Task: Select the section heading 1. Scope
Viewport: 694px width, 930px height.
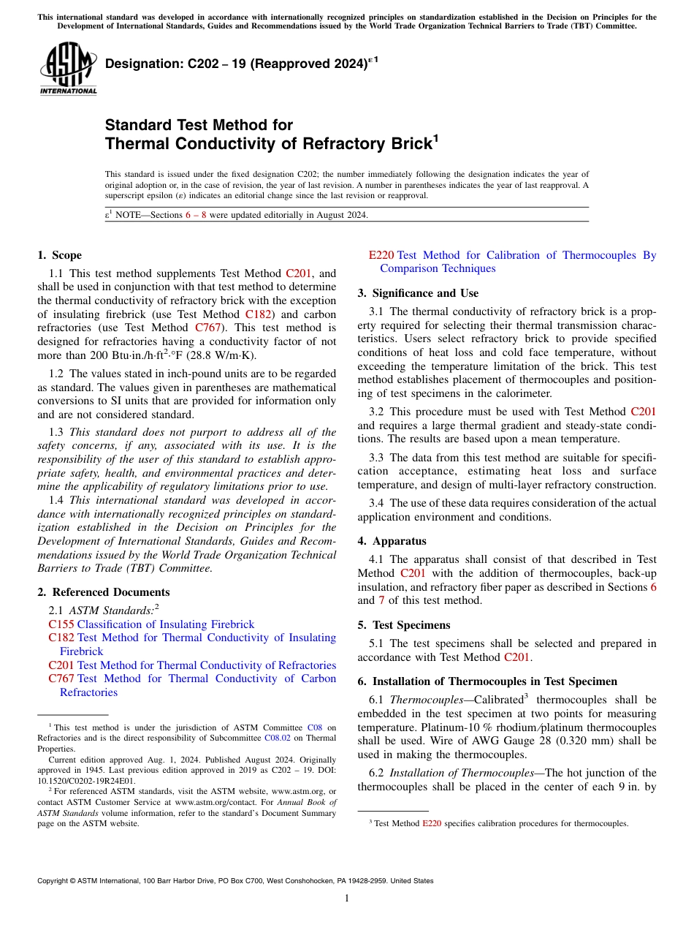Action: click(59, 255)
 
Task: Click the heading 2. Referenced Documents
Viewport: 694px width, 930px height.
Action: click(103, 592)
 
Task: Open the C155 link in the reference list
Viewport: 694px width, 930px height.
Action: click(61, 624)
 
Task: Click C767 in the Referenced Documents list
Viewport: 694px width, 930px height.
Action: click(61, 678)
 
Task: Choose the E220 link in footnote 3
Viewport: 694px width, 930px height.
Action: click(432, 823)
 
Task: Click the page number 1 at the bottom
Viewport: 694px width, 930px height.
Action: click(347, 899)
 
